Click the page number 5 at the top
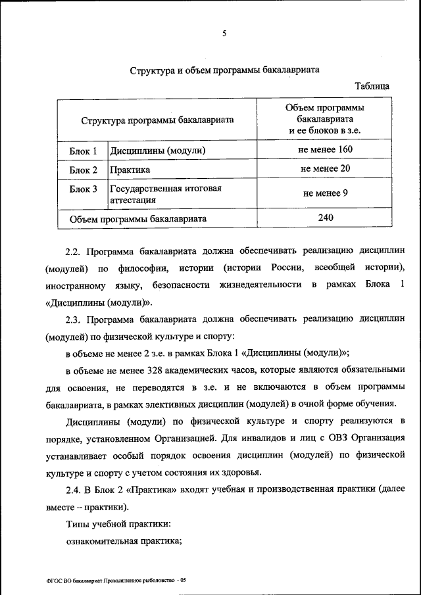pyautogui.click(x=224, y=34)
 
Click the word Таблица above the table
pyautogui.click(x=372, y=86)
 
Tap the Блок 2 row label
pyautogui.click(x=83, y=170)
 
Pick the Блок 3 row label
pyautogui.click(x=83, y=189)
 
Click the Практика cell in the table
pyautogui.click(x=130, y=170)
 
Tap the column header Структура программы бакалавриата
pyautogui.click(x=157, y=120)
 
